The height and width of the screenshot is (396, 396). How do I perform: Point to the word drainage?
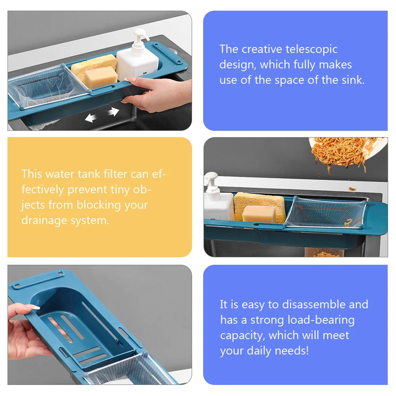[x=44, y=220]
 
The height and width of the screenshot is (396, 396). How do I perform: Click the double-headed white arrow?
[x=102, y=115]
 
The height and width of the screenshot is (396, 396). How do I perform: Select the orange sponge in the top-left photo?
[x=101, y=77]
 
